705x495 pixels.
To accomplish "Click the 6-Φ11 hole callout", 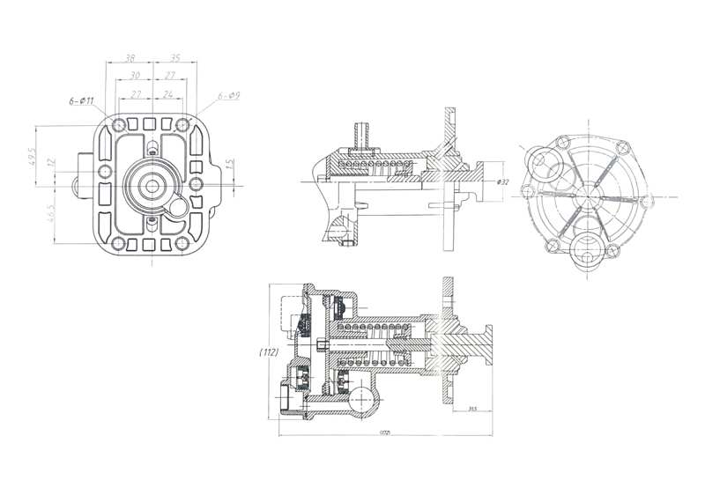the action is (80, 103).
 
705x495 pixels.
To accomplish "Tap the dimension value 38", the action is (130, 58).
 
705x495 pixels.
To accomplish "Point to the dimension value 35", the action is (175, 58).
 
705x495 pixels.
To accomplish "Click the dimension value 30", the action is (134, 75).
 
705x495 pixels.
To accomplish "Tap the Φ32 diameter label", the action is (503, 181).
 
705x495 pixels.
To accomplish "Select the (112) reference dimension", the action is (270, 352).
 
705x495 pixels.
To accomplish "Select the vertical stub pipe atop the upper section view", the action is (360, 135).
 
